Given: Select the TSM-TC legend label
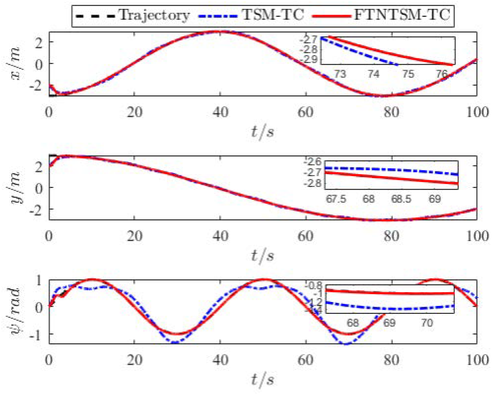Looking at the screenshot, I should [x=273, y=15].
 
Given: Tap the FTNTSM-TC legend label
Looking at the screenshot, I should [x=402, y=15].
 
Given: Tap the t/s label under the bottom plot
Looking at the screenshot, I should [x=262, y=379].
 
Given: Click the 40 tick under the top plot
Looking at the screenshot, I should [x=220, y=112].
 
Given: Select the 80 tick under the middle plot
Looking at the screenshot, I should [x=391, y=236].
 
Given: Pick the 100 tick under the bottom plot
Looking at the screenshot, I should [x=477, y=360].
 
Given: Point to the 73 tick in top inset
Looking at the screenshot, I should [x=340, y=74].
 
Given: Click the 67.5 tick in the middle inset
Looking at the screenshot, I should [x=336, y=199].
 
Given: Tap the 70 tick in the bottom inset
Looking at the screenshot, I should [x=427, y=323].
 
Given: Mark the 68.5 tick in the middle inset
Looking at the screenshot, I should [x=401, y=199].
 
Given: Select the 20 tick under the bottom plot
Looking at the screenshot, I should [x=134, y=360].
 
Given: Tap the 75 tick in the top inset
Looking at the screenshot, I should [x=408, y=74].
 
